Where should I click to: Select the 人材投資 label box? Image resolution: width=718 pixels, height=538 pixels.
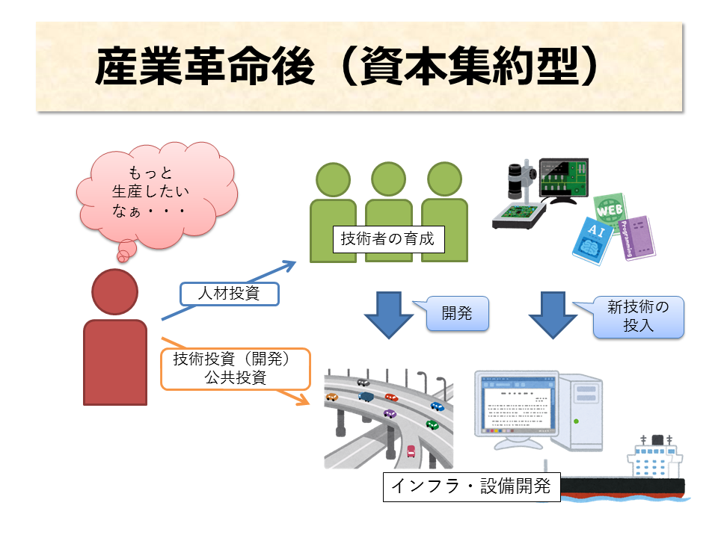229,294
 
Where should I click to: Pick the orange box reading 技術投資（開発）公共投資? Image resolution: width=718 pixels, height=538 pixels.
235,368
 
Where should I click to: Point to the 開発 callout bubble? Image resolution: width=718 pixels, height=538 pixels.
457,314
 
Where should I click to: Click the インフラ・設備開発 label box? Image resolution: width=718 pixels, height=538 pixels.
471,487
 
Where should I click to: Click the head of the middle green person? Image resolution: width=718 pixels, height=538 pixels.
389,180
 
